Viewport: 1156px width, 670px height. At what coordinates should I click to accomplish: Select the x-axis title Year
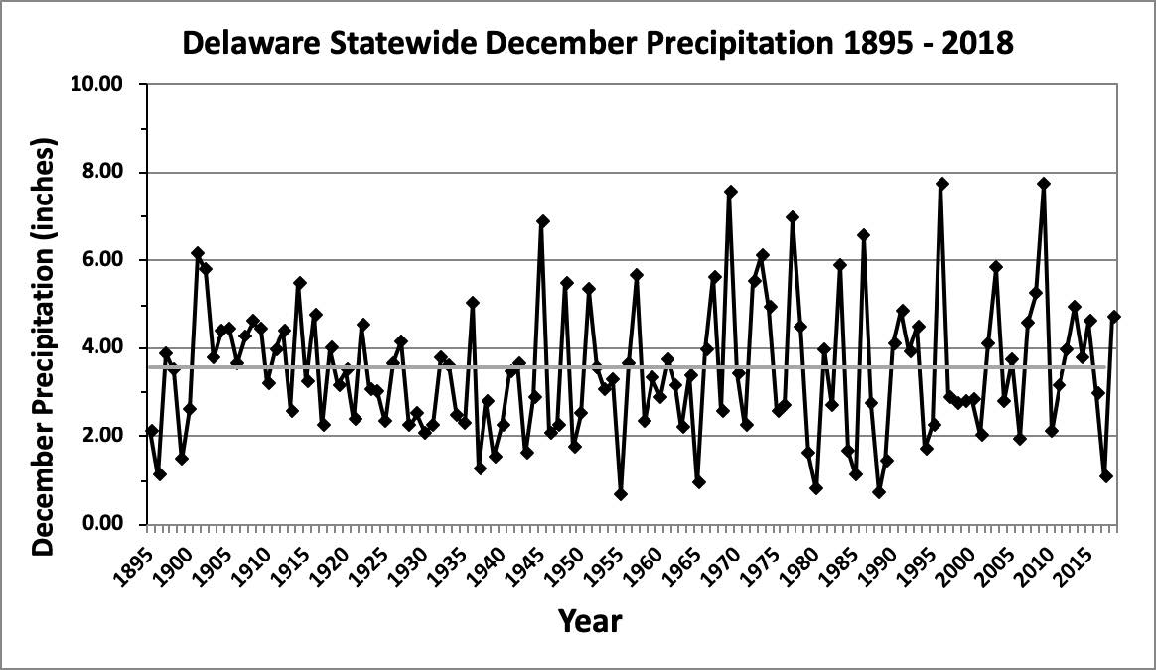(590, 621)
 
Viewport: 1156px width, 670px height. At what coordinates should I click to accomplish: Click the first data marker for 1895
(152, 431)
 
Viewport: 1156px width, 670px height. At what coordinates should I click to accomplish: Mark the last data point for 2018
(1114, 317)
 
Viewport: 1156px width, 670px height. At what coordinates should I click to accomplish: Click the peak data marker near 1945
(542, 221)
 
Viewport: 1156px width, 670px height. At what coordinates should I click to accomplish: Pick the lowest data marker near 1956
(621, 494)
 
